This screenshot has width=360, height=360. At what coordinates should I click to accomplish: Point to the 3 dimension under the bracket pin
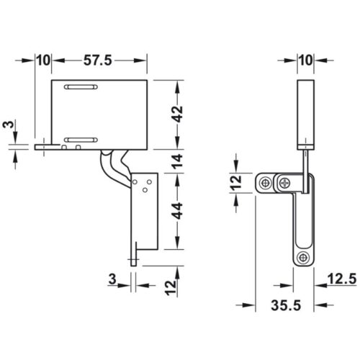(113, 278)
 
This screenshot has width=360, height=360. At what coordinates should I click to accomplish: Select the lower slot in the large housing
(81, 137)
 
